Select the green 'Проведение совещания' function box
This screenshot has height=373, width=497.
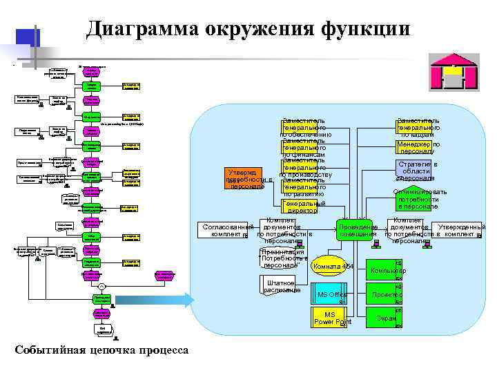click(x=358, y=231)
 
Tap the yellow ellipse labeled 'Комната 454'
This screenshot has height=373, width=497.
click(x=333, y=267)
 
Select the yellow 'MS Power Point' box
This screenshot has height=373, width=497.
click(x=331, y=318)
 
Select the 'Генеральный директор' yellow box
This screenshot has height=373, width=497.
click(x=302, y=207)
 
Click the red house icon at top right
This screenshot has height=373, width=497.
click(x=449, y=71)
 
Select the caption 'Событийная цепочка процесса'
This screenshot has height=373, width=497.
click(x=101, y=350)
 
